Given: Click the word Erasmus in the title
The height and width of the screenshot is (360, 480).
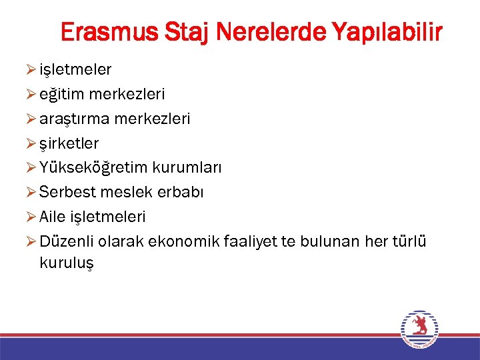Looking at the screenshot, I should coord(106,31).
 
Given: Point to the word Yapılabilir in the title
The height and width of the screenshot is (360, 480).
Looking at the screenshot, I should coord(383,31).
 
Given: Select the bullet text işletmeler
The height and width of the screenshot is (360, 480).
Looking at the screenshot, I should coord(75,69).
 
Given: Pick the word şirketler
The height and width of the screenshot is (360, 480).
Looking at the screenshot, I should coord(69,143).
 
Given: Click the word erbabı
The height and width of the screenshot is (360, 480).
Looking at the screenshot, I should coord(181,192).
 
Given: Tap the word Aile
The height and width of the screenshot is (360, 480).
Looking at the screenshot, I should coord(52,217).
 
